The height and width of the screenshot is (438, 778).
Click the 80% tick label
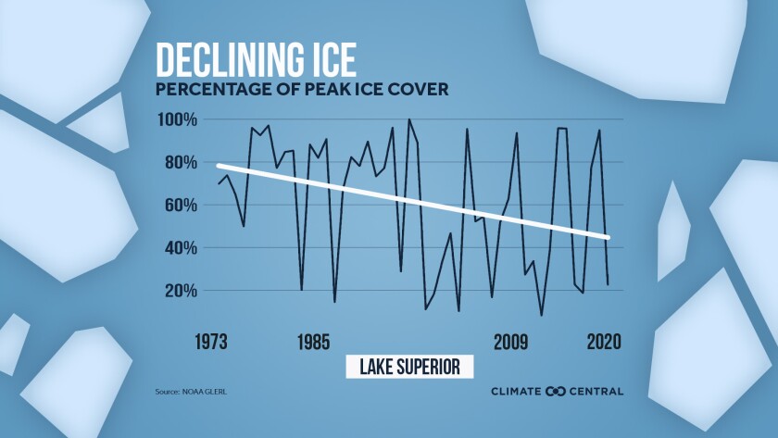pos(179,162)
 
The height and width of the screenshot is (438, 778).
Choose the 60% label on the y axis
pos(179,205)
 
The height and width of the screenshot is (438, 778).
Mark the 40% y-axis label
pos(179,247)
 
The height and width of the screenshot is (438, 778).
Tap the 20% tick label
pos(179,290)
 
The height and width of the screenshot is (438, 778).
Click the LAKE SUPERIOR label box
pos(409,366)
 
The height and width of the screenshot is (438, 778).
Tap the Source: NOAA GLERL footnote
pos(191,392)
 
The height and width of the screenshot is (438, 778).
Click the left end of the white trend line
pos(219,166)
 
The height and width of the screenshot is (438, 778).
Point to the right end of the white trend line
pos(608,238)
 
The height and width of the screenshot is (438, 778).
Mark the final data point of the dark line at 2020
pos(608,284)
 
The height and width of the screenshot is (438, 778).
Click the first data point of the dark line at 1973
pos(219,183)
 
